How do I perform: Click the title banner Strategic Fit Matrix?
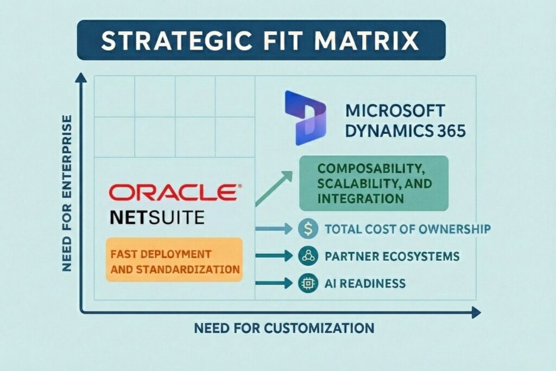(x=261, y=41)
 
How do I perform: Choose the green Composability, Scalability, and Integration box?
(x=374, y=184)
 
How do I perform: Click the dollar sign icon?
(x=307, y=229)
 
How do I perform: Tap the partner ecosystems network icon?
(x=307, y=255)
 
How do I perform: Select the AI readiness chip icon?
(x=307, y=282)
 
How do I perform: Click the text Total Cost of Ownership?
(x=407, y=229)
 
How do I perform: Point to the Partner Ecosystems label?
(x=392, y=255)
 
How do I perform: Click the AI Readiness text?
(x=365, y=282)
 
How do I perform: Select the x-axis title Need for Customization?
(x=283, y=328)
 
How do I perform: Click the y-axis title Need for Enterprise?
(x=67, y=193)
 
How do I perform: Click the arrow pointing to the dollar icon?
(x=275, y=229)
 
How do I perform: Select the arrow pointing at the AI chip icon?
(x=275, y=282)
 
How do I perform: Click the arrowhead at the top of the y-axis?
(x=81, y=78)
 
